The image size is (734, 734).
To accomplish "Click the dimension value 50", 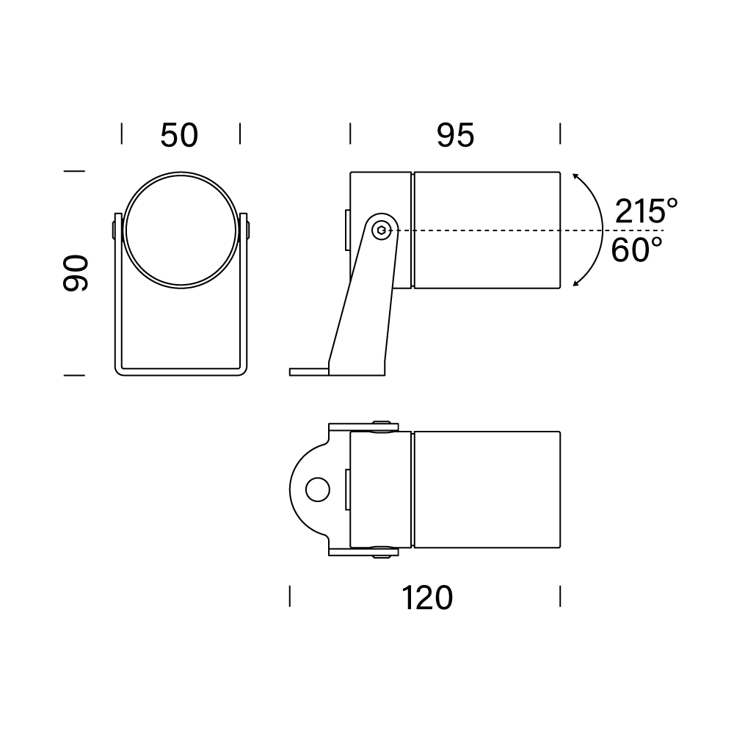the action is pyautogui.click(x=179, y=136).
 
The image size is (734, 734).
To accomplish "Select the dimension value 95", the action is pyautogui.click(x=456, y=136).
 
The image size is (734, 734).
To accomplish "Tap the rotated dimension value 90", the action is pyautogui.click(x=76, y=273).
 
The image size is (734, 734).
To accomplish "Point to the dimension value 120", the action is pyautogui.click(x=427, y=597).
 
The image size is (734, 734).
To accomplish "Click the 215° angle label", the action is pyautogui.click(x=646, y=211).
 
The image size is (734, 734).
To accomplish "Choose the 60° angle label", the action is pyautogui.click(x=636, y=250).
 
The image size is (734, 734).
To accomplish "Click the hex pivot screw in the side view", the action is pyautogui.click(x=382, y=230).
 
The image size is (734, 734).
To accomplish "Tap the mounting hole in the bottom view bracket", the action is pyautogui.click(x=317, y=490).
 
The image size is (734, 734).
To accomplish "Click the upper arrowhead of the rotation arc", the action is pyautogui.click(x=575, y=176).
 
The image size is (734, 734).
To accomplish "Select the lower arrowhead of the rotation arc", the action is pyautogui.click(x=575, y=283).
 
